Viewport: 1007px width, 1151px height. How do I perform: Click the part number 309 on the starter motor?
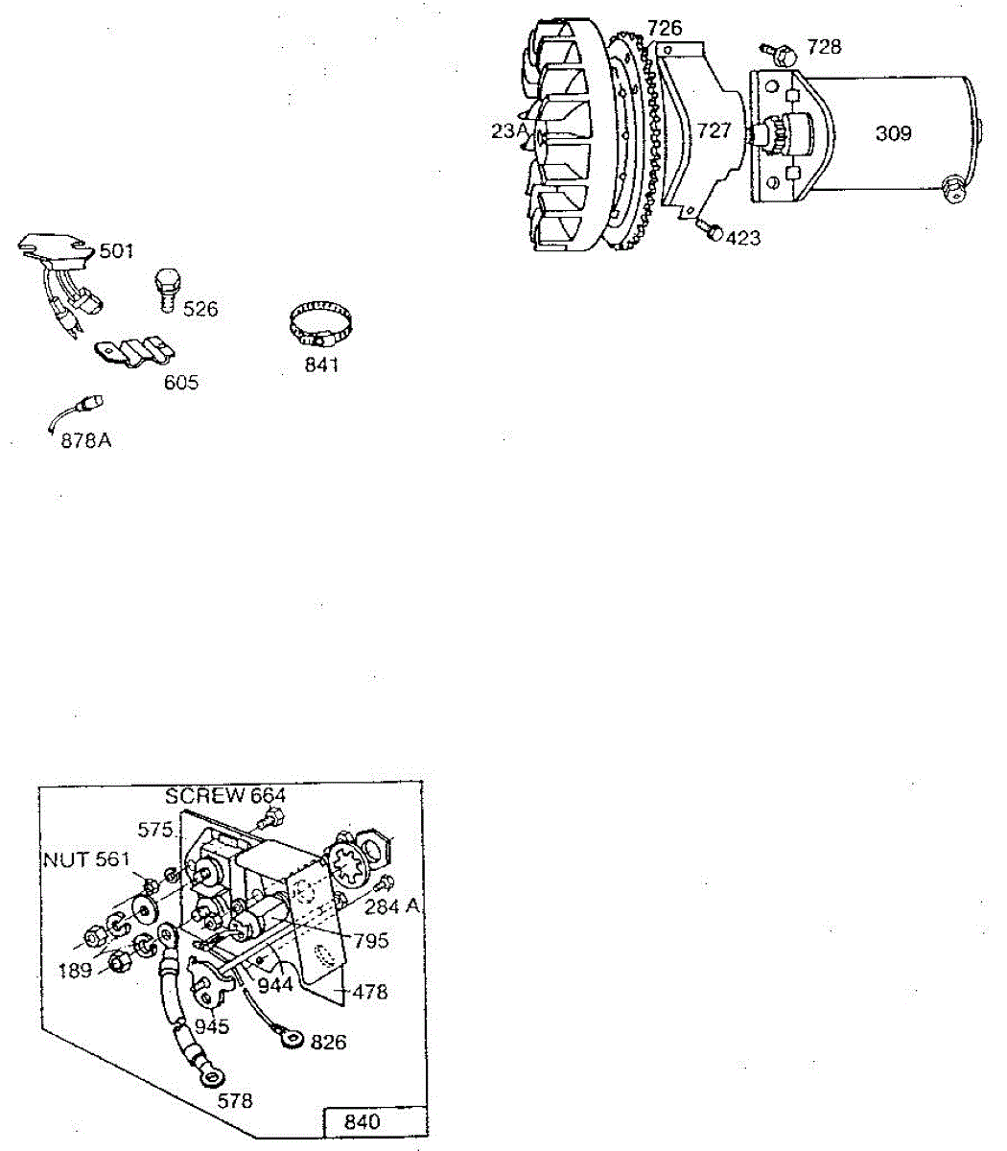pyautogui.click(x=893, y=133)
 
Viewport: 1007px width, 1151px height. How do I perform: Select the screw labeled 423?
pyautogui.click(x=710, y=229)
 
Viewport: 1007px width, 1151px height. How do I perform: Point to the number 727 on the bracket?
pyautogui.click(x=714, y=131)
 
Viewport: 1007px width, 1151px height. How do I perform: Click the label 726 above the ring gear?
pyautogui.click(x=664, y=28)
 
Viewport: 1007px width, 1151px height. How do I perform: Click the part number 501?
pyautogui.click(x=117, y=251)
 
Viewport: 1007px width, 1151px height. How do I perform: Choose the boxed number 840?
pyautogui.click(x=361, y=1121)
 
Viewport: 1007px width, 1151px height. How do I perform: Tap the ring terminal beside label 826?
pyautogui.click(x=289, y=1037)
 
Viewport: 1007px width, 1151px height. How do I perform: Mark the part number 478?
pyautogui.click(x=369, y=991)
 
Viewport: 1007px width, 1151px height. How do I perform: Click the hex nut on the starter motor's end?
pyautogui.click(x=955, y=189)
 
